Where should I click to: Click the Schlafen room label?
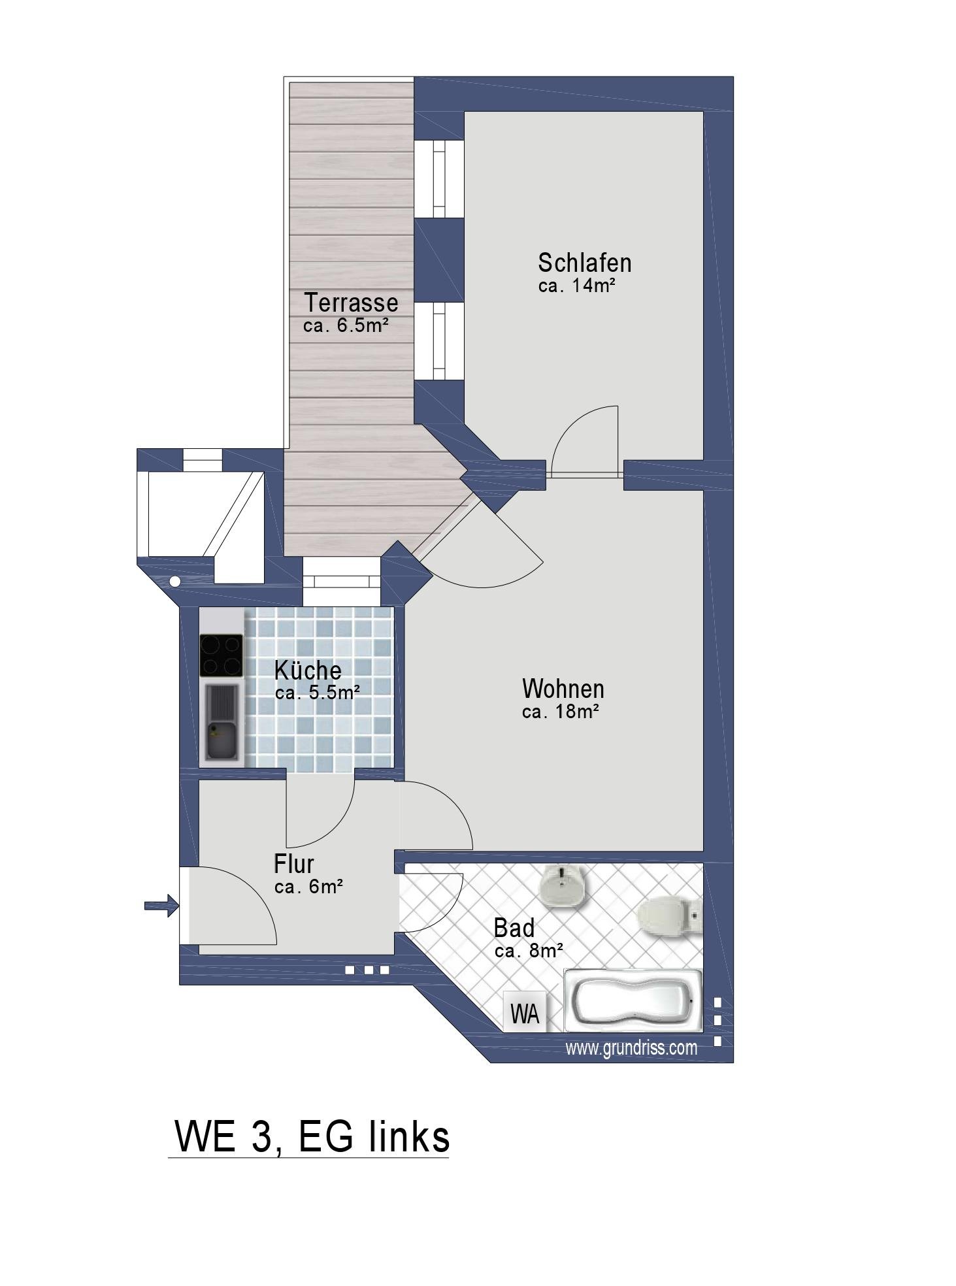point(584,263)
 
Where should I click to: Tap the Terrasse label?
point(351,303)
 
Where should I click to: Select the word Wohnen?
point(563,689)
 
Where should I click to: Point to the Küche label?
point(308,670)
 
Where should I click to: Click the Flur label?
point(293,864)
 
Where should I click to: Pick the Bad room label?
point(514,927)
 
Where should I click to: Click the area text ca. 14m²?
point(577,286)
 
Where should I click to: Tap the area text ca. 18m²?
point(561,712)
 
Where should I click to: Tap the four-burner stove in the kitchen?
point(221,655)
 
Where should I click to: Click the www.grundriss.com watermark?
point(631,1047)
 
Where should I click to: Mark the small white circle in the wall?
point(174,581)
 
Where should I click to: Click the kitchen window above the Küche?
point(341,582)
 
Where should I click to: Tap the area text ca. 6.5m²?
point(346,325)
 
